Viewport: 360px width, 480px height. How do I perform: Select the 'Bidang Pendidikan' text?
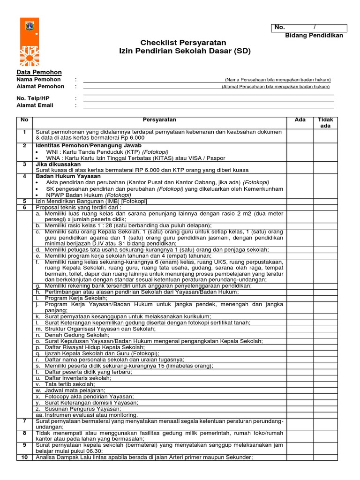click(x=314, y=36)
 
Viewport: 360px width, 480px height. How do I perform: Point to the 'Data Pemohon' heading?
click(x=39, y=72)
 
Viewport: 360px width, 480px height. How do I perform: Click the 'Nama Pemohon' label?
click(x=39, y=80)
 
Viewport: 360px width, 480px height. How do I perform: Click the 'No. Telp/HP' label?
click(x=33, y=98)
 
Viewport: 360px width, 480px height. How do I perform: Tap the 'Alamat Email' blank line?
click(x=208, y=106)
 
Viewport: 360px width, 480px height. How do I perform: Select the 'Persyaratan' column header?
click(x=159, y=120)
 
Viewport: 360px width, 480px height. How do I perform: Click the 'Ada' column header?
click(x=300, y=120)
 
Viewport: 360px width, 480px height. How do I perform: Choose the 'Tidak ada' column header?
click(x=325, y=123)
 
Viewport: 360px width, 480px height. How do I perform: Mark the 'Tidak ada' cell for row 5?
click(x=325, y=201)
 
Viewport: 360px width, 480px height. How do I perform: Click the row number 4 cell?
click(x=24, y=176)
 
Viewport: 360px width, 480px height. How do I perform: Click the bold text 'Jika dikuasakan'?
click(x=58, y=165)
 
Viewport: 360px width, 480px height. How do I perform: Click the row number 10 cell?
click(x=24, y=457)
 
